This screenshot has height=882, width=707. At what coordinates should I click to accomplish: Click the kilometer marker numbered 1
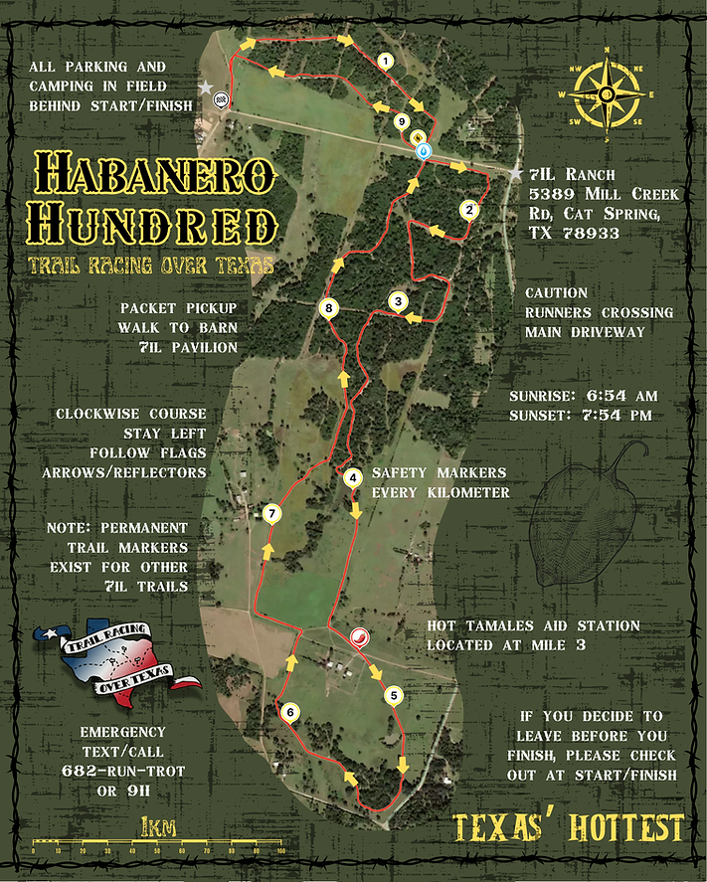click(x=384, y=61)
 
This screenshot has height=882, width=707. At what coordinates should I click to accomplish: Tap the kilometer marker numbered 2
click(x=467, y=210)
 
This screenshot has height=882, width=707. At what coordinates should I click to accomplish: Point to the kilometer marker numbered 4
click(x=352, y=477)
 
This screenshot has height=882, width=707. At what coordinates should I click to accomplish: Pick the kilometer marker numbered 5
click(x=394, y=695)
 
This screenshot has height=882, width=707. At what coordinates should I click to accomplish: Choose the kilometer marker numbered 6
click(x=289, y=712)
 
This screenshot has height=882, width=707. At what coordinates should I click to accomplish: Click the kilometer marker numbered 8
click(x=329, y=309)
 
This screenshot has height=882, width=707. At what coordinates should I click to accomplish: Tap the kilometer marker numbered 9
click(x=401, y=121)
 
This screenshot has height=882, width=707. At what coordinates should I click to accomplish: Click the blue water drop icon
click(x=425, y=151)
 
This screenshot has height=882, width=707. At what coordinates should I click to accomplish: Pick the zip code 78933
click(x=591, y=234)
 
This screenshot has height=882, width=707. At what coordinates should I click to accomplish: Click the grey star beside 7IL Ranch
click(x=515, y=174)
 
